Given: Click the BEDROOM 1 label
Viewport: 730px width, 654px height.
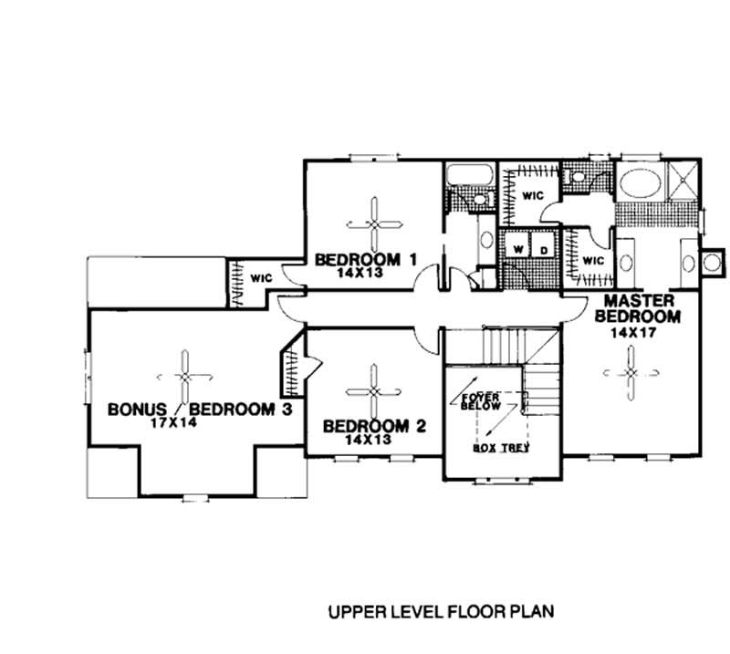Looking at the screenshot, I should pos(365,260).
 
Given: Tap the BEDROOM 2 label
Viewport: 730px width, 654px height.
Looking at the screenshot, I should pos(375,426).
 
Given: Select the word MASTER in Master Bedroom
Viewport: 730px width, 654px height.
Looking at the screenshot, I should pos(637,301).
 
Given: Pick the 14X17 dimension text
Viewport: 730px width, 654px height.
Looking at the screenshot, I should pos(631,334).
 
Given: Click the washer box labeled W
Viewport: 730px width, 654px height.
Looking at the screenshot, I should pos(516,248).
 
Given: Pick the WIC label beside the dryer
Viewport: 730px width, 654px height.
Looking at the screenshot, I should pos(592,260).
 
